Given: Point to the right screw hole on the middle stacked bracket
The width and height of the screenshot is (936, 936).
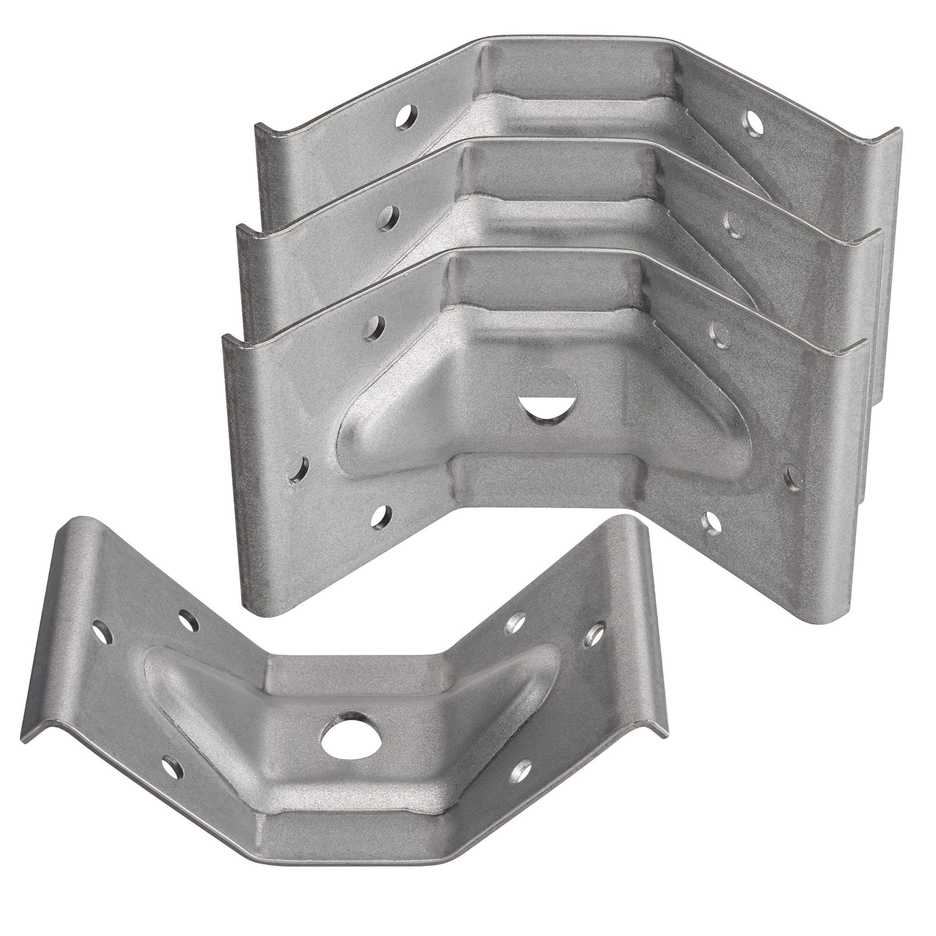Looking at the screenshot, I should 734,224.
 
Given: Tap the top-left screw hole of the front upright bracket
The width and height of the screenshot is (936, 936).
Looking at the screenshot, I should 374,327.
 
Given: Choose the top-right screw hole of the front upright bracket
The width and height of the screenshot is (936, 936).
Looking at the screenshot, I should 719,333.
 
